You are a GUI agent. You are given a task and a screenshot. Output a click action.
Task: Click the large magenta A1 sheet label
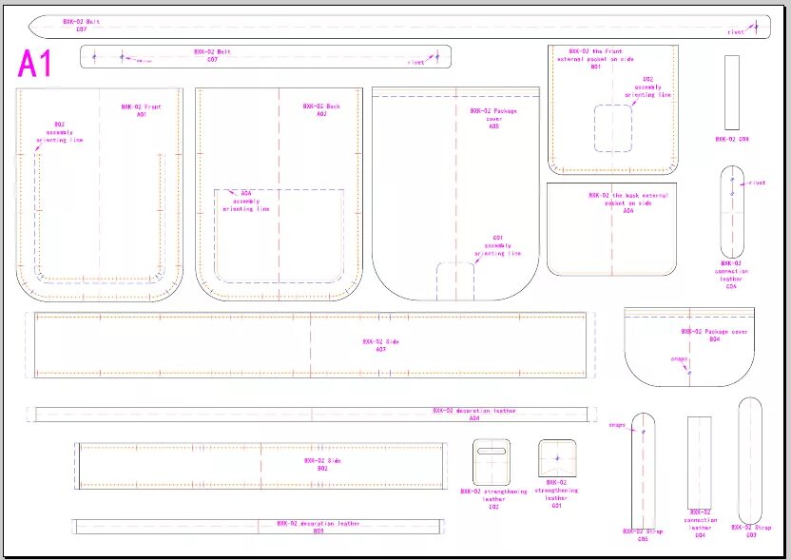coord(35,65)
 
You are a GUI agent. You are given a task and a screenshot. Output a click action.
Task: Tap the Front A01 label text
coord(141,110)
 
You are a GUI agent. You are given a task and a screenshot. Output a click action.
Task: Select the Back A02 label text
coord(320,110)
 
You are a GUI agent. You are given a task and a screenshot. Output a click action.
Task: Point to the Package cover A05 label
coord(493,118)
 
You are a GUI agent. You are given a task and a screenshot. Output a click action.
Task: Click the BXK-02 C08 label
coord(732,139)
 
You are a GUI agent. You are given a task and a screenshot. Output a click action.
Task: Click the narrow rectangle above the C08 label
coord(732,92)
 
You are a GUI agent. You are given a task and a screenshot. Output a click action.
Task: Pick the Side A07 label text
coord(374,344)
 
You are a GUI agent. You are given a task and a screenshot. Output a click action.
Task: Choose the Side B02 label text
coord(316,464)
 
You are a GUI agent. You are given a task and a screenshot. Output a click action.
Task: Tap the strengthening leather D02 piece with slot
coord(492,462)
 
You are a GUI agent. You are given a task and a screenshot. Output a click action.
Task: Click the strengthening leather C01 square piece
coord(556,457)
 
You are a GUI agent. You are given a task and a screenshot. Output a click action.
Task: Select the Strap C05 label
coord(643,534)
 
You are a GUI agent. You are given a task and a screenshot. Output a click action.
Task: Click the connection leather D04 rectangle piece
coord(700,461)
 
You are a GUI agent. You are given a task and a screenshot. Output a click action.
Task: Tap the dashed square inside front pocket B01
coord(613,128)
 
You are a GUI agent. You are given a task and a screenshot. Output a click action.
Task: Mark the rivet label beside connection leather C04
coord(758,183)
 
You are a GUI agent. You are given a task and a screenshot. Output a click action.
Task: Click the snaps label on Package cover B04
coord(679,358)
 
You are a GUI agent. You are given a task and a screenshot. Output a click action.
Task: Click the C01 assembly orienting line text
coord(497,245)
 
